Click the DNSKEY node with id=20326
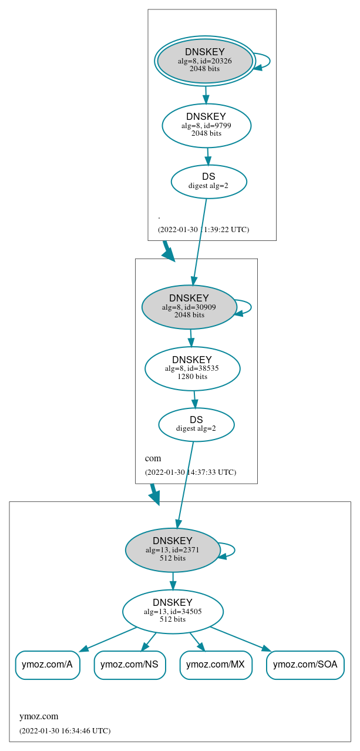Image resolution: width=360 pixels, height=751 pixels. click(x=205, y=61)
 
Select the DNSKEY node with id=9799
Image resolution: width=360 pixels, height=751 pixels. click(x=206, y=126)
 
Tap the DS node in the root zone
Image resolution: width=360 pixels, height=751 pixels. click(x=208, y=182)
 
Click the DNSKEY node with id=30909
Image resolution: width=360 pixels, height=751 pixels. click(x=189, y=307)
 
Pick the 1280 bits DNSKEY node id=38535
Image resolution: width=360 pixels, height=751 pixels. click(x=192, y=368)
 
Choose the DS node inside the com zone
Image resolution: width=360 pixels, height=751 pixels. click(x=196, y=424)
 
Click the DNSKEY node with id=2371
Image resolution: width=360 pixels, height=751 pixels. click(x=173, y=550)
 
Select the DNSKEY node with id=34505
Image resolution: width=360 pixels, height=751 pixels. click(x=173, y=612)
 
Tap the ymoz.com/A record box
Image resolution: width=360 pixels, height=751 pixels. click(x=47, y=665)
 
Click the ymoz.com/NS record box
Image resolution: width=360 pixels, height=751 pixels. click(x=129, y=665)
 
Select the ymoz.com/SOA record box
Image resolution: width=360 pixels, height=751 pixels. click(x=305, y=665)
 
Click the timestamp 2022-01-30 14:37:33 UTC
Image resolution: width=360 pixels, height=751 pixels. click(x=190, y=472)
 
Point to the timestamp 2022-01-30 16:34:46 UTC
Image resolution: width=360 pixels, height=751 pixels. click(x=65, y=730)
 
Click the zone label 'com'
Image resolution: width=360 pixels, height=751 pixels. click(x=153, y=458)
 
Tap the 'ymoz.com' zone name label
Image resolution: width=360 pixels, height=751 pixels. click(x=39, y=716)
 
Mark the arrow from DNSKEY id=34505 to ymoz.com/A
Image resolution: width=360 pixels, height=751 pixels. click(x=109, y=639)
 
